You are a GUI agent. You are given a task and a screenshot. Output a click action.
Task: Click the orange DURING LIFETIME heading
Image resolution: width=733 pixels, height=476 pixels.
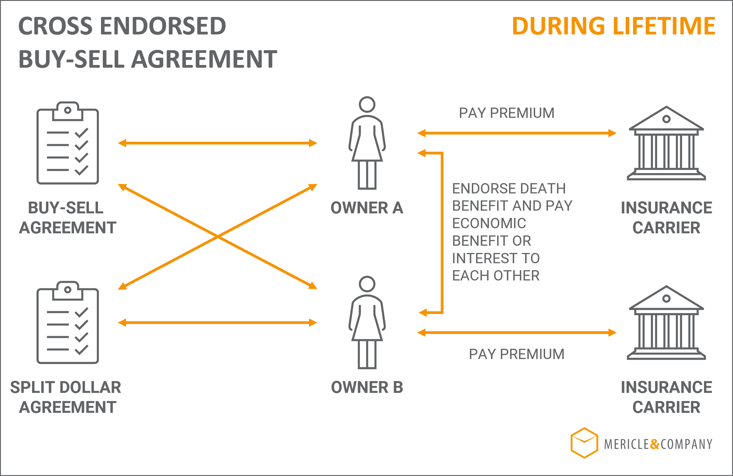coord(614,26)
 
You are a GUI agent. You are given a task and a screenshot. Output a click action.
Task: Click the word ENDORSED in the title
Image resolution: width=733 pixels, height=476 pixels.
coord(163,26)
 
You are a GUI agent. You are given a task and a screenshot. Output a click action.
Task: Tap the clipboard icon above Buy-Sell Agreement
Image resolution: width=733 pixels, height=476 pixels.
coord(68,143)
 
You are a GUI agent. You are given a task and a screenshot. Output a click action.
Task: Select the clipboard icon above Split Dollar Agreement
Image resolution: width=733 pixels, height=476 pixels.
coord(68,322)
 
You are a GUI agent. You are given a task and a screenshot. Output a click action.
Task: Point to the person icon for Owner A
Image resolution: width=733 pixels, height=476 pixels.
coord(367,143)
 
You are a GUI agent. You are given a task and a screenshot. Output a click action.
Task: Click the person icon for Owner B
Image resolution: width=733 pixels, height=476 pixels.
coord(367,322)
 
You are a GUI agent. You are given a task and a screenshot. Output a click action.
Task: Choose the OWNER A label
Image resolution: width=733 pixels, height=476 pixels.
coord(367,208)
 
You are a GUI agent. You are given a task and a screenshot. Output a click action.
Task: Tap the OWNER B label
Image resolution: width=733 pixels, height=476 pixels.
coord(367,387)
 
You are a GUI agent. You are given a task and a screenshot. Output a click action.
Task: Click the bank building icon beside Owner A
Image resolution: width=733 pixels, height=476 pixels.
coord(666,143)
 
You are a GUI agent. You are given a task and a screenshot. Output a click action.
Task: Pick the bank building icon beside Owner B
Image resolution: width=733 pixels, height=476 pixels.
coord(666,322)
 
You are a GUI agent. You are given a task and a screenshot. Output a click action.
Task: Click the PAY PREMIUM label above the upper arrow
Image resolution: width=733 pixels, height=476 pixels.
coord(507,113)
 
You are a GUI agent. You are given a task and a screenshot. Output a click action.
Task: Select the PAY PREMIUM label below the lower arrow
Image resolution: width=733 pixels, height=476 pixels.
coord(517,354)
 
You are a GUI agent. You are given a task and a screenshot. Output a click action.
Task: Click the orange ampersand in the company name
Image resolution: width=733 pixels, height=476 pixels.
coord(655,444)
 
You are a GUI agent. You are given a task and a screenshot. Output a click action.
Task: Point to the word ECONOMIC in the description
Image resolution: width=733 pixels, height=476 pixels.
coord(489,223)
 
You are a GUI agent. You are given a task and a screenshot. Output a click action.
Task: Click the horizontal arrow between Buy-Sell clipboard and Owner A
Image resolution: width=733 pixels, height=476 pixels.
coord(217,143)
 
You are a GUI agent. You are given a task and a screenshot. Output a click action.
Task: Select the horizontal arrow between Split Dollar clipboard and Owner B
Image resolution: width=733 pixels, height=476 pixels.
coord(217,323)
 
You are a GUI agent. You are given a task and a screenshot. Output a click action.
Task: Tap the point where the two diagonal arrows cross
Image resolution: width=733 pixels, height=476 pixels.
coord(218,236)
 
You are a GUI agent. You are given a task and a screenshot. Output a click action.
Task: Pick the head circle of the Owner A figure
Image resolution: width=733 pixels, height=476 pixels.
coord(367,104)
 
